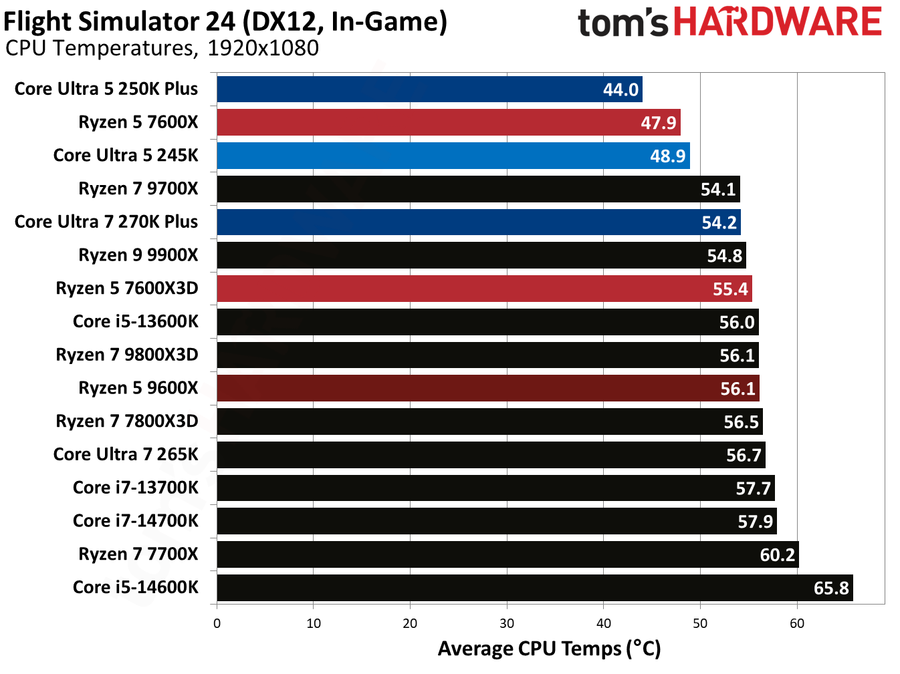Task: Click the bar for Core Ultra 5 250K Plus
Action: (428, 90)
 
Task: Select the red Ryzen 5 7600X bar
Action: (448, 123)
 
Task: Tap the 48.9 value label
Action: (667, 156)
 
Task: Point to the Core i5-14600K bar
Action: (535, 588)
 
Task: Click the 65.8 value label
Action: (830, 588)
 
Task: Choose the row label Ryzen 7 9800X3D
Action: (127, 355)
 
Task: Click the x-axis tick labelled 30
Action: (507, 623)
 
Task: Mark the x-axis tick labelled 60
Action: (796, 623)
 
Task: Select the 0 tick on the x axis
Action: (217, 623)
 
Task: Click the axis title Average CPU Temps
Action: (549, 649)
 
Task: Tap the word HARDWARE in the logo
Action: (777, 22)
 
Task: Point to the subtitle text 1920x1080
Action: (263, 48)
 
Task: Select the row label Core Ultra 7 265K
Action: (126, 454)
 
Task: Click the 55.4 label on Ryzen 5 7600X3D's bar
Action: (729, 289)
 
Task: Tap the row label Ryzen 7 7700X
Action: (138, 554)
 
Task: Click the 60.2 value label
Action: (777, 554)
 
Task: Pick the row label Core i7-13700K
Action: (136, 488)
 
